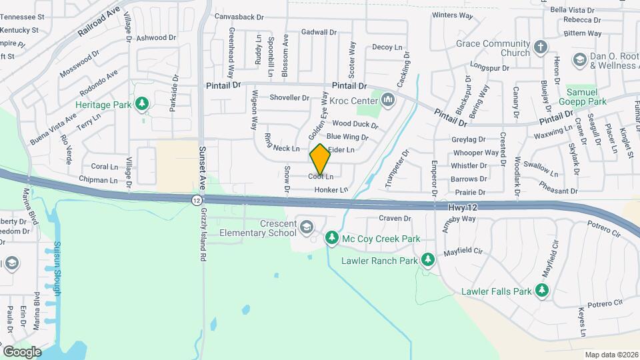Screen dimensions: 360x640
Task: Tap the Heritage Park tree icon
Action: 141,103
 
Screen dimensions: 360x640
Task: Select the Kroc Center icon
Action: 388,100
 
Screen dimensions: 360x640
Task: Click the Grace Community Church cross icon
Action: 541,48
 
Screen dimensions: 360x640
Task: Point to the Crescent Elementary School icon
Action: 307,227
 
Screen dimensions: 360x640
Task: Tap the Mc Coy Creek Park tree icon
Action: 331,238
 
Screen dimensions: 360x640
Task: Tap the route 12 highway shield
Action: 196,200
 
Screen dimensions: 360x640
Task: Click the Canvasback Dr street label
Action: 239,16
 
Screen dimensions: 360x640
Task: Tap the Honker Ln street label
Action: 331,190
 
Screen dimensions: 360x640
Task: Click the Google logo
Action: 22,351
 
